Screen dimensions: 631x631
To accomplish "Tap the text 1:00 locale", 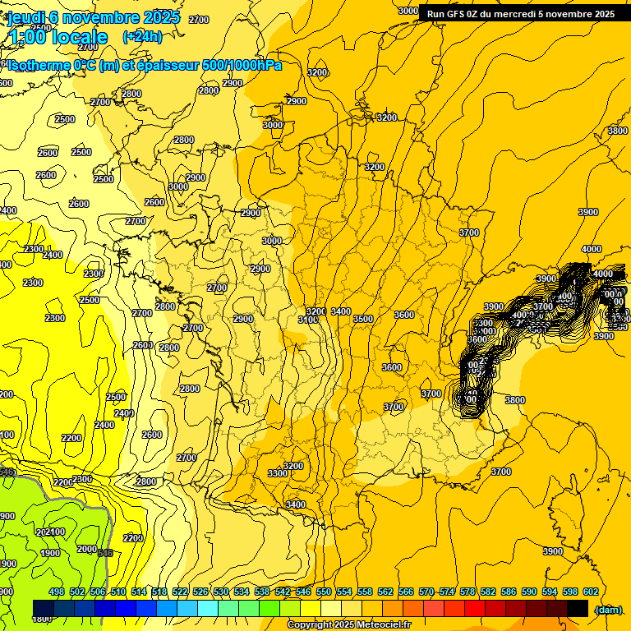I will (x=59, y=37).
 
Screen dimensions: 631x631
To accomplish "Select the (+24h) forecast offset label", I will (x=142, y=36).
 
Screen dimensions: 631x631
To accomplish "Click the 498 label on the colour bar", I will (x=57, y=592).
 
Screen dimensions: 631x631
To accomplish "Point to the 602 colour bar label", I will (x=591, y=592).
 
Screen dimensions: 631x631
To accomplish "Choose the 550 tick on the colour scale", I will (x=324, y=592).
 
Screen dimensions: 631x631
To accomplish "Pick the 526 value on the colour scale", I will (x=200, y=592).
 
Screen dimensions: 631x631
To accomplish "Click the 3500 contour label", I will (x=362, y=319).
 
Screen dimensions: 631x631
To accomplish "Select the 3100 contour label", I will (x=307, y=320).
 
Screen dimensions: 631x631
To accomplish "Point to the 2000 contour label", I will (x=86, y=549).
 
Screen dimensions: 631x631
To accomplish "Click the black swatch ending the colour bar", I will (x=578, y=608).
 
